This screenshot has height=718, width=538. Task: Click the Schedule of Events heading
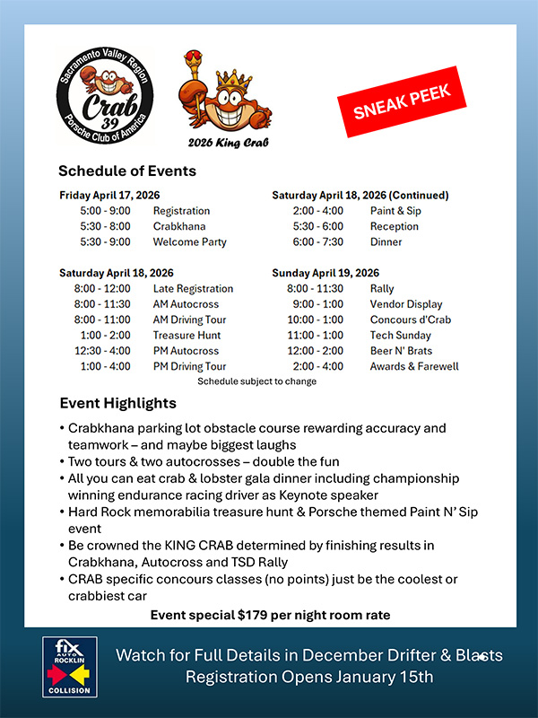coord(127,171)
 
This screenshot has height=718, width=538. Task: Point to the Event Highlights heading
coord(117,403)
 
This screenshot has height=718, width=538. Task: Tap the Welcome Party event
coord(189,242)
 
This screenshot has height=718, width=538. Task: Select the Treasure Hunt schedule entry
coord(187,336)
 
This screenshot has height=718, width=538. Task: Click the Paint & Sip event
coord(395,211)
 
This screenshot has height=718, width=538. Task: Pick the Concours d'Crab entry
coord(410,320)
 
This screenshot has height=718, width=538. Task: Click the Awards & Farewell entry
coord(414,366)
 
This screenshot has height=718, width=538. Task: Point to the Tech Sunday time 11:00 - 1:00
coord(315,336)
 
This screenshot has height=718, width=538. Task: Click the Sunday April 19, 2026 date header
coord(325,273)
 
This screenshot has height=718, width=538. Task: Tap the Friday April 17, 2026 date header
coord(110,195)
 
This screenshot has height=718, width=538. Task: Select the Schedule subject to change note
coord(256,381)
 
